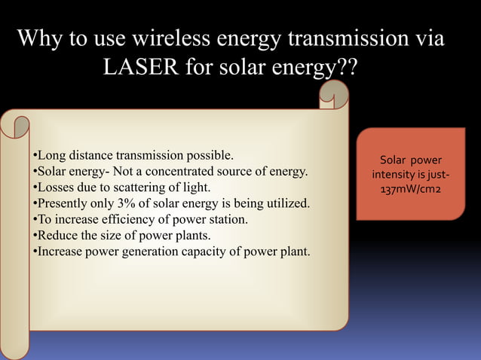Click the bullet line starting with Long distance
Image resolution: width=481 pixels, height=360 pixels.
click(x=133, y=156)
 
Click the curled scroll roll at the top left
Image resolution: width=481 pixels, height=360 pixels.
click(x=16, y=124)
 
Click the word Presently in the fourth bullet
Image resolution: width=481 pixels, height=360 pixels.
click(x=63, y=203)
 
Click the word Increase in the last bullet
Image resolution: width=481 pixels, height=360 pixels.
click(x=61, y=251)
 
